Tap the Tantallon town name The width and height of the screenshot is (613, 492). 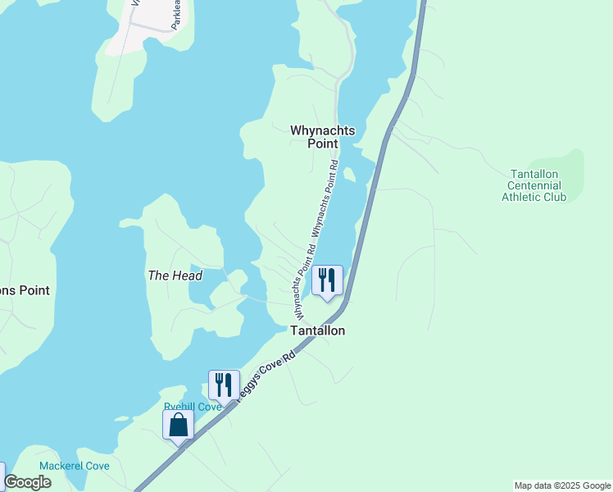(318, 330)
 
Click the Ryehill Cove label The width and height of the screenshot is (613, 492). (193, 407)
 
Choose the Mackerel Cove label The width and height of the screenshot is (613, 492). (74, 466)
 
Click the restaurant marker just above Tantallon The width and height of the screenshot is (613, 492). (327, 281)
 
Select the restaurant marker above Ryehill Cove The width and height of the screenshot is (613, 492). (223, 385)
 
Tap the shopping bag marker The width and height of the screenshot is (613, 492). (179, 426)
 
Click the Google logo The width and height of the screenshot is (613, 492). (27, 482)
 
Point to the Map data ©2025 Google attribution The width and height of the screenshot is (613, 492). (562, 485)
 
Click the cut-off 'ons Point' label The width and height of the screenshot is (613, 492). (25, 290)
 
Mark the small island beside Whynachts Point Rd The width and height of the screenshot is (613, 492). (350, 175)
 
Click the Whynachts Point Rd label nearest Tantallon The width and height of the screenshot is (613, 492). (302, 283)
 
